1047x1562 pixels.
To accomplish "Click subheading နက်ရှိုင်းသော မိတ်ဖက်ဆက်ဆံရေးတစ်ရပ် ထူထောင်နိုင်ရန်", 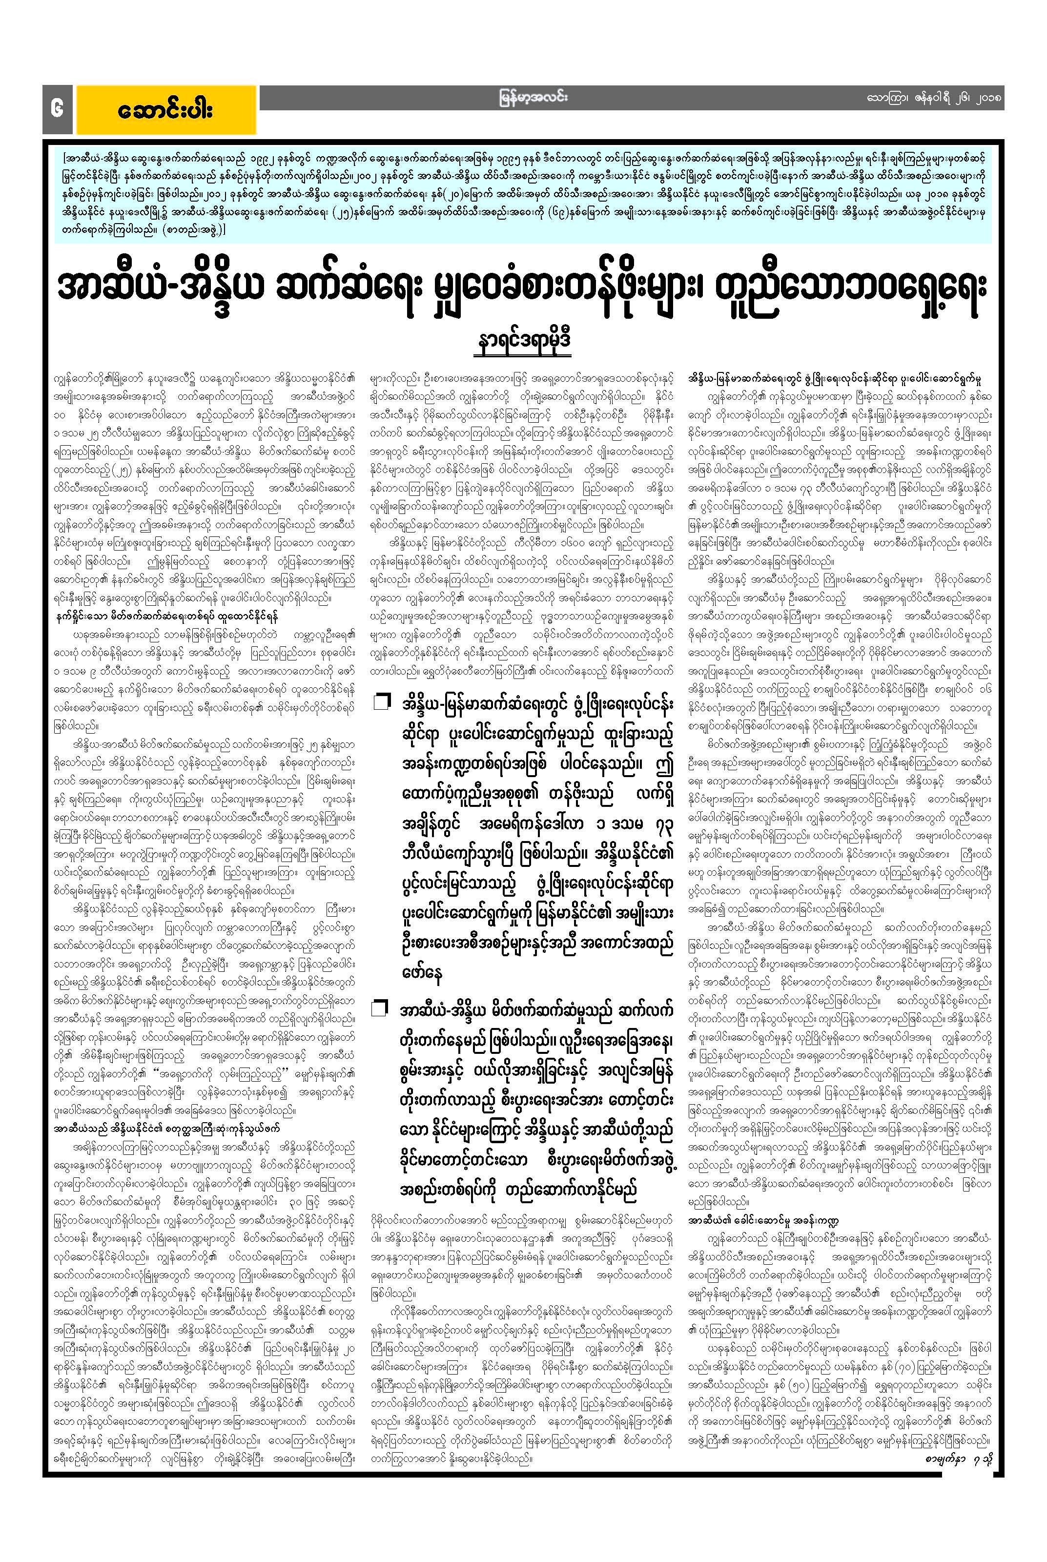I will click(166, 617).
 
